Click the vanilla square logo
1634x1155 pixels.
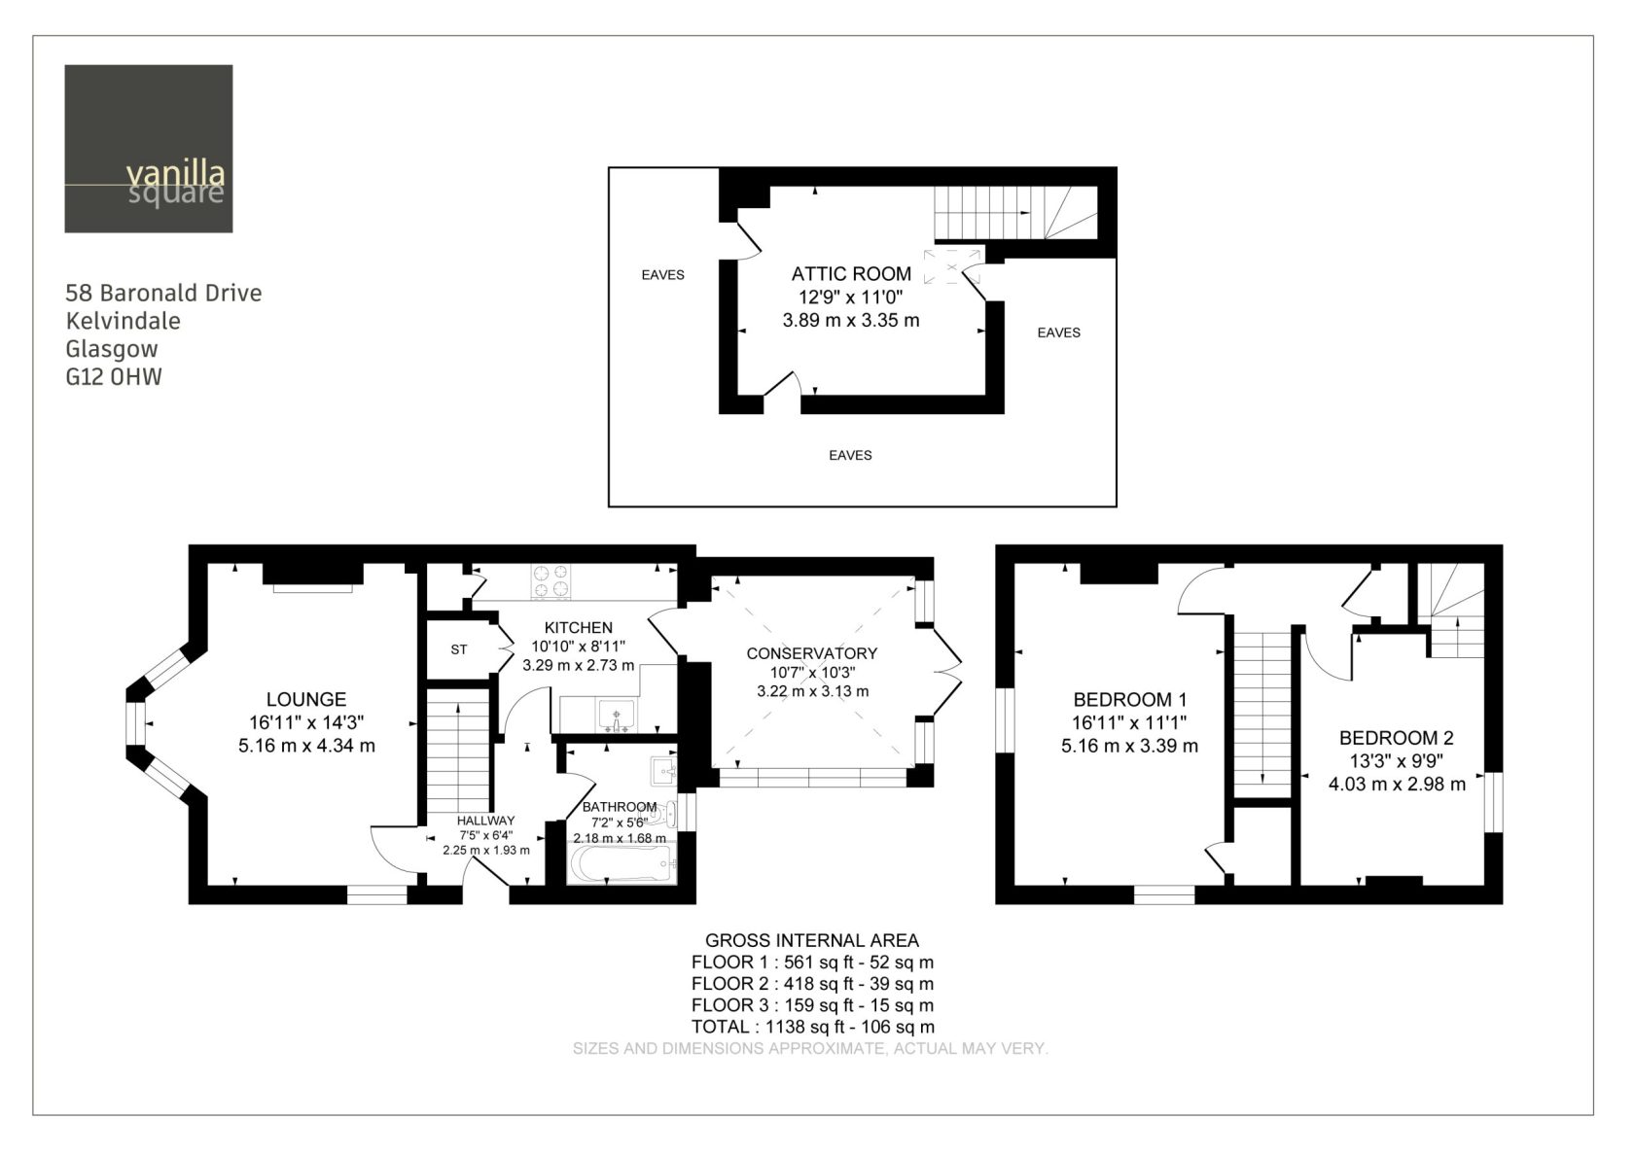tap(149, 149)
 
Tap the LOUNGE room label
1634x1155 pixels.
tap(306, 700)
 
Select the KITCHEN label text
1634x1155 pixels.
tap(579, 628)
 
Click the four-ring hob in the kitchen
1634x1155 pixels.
tap(551, 581)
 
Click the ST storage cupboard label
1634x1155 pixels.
tap(459, 649)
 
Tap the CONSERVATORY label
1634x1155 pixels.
tap(812, 654)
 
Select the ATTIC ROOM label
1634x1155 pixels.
tap(851, 274)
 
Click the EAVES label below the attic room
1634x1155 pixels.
tap(850, 456)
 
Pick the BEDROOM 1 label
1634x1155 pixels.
tap(1130, 700)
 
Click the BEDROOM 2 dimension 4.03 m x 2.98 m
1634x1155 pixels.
tap(1397, 785)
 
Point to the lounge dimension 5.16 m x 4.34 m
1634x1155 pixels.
tap(307, 746)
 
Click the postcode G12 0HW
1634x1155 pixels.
tap(114, 377)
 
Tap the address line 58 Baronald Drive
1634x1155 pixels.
tap(163, 294)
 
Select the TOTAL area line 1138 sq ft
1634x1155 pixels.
tap(813, 1028)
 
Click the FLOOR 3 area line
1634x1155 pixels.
tap(813, 1005)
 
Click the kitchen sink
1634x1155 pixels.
tap(617, 716)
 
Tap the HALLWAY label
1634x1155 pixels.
tap(486, 821)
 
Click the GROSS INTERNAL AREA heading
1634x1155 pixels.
tap(812, 941)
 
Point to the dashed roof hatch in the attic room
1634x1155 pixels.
tap(952, 266)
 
